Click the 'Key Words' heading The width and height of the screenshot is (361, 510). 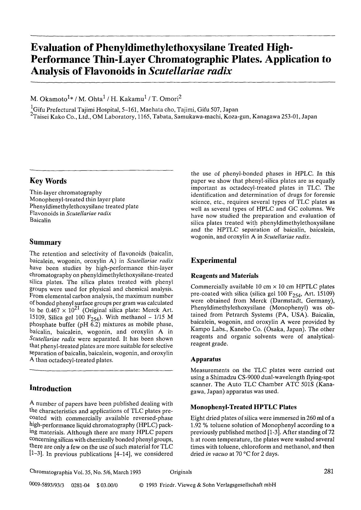pos(48,181)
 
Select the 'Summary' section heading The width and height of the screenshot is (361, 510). pos(45,242)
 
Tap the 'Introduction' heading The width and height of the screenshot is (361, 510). pos(50,389)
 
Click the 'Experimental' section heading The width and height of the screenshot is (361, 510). pos(213,261)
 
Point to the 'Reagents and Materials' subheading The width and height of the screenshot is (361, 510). pos(225,276)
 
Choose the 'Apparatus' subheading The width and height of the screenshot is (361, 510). pos(206,359)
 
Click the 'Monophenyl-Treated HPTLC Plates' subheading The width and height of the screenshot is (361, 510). pos(243,407)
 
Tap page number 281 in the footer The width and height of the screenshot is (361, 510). pos(328,471)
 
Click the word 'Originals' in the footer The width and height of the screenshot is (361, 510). pos(181,472)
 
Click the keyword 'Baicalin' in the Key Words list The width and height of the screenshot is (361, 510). pos(40,220)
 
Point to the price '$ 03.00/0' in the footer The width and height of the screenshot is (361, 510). pos(107,485)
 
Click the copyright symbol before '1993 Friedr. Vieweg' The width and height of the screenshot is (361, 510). pos(141,485)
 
